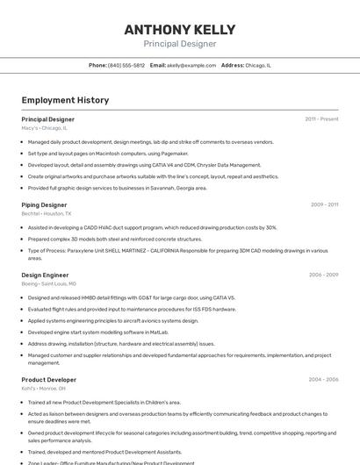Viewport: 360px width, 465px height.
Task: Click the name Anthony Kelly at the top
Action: click(179, 30)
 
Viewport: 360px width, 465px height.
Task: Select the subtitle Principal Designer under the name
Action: click(179, 44)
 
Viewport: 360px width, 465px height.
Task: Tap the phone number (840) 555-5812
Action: click(126, 65)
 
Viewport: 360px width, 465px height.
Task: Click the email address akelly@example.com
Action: click(191, 65)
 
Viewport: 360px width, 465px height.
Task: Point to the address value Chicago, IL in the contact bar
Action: click(258, 65)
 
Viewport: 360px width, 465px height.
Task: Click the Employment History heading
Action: click(65, 100)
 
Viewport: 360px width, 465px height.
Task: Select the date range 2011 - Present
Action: click(321, 118)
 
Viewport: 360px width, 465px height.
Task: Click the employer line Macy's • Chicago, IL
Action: click(44, 128)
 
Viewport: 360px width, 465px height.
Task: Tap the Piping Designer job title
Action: click(44, 204)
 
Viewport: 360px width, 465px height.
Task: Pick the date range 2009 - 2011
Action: click(324, 204)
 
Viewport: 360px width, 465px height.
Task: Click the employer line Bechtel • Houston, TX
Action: click(47, 213)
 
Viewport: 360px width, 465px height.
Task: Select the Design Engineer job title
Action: click(45, 275)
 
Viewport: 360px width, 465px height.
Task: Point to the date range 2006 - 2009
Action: click(323, 275)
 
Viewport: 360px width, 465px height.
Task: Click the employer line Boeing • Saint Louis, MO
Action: click(49, 283)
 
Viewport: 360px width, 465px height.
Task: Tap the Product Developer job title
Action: click(48, 380)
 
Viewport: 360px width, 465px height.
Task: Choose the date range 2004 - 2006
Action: click(323, 380)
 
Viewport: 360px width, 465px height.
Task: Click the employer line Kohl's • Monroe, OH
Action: click(44, 389)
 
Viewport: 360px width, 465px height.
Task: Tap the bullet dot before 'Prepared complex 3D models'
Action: click(23, 239)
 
